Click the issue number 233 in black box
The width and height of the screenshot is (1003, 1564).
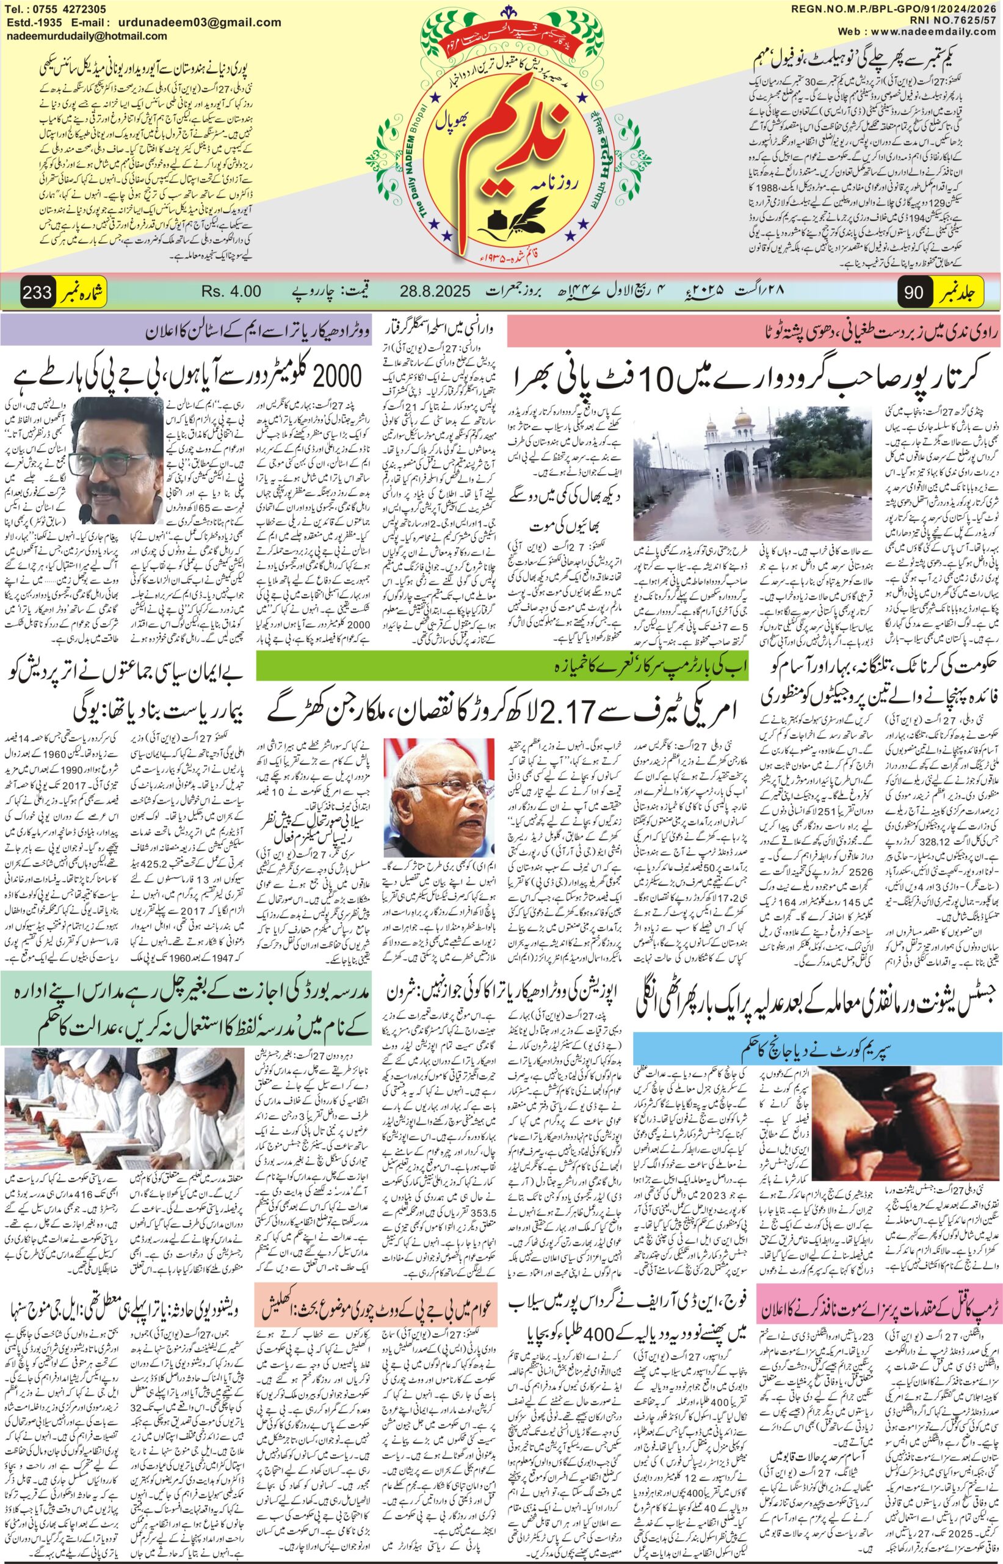[x=37, y=292]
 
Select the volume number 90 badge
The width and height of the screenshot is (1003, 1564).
[x=914, y=292]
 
